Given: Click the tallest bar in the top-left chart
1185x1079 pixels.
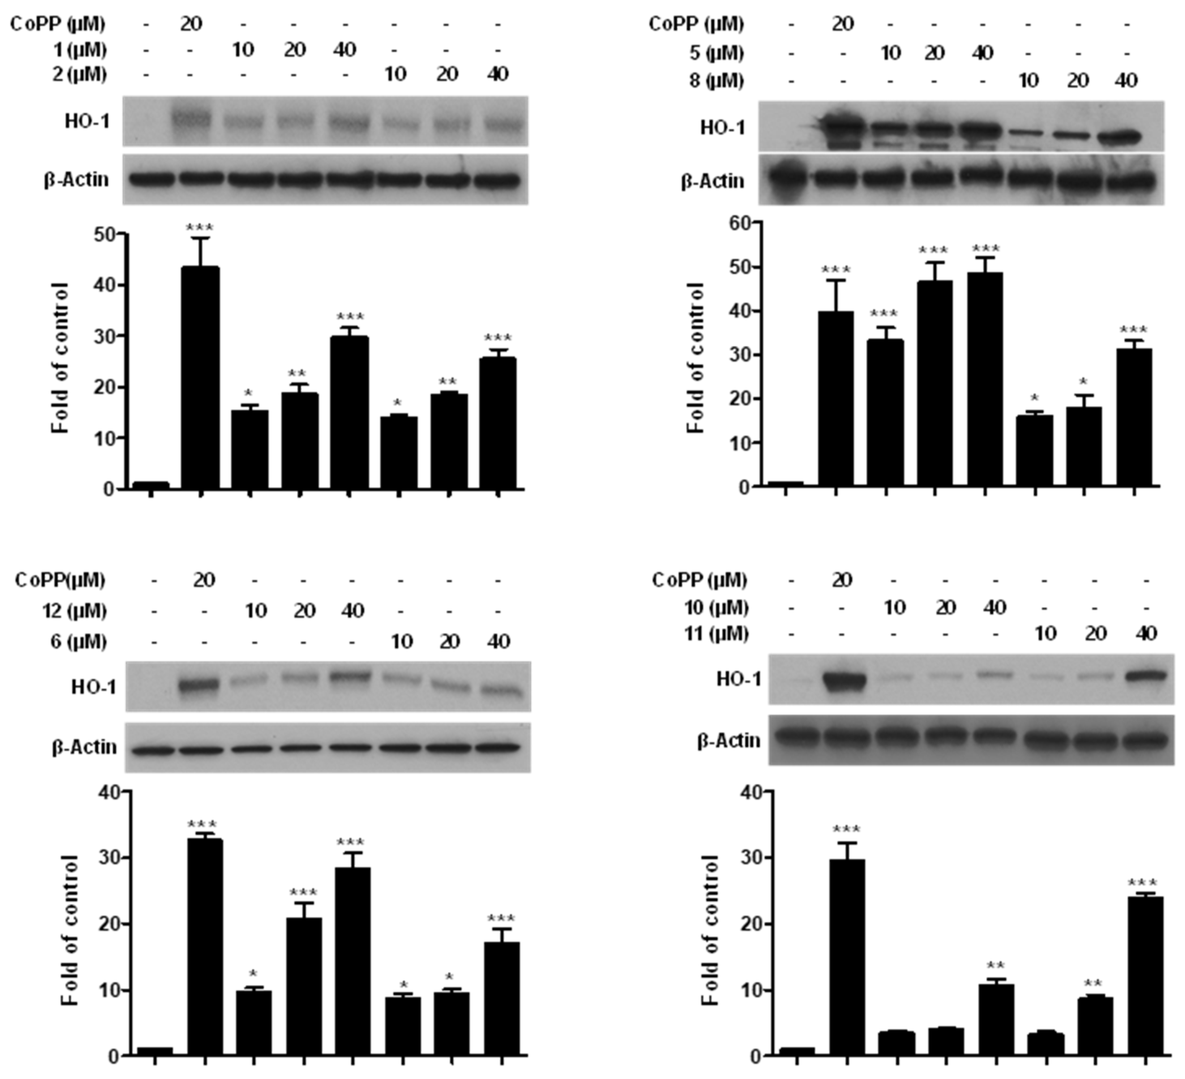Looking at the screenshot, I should coord(201,376).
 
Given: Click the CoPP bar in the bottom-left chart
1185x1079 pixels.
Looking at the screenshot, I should coord(205,947).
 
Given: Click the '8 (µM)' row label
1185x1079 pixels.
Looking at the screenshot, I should coord(717,81).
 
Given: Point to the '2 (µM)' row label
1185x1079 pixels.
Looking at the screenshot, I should coord(79,75).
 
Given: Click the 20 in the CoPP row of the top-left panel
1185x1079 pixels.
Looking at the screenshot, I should coord(191,24).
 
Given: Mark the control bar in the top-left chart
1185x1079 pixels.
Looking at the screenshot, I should coord(151,485).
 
